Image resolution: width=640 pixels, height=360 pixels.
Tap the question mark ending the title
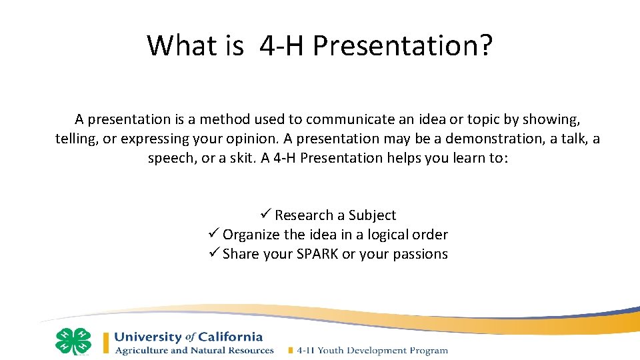tap(485, 45)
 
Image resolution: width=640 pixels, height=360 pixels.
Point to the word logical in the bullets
tap(383, 235)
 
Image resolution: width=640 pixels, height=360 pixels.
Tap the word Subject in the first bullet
tap(371, 215)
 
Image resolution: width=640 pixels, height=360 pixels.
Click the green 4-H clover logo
tap(73, 341)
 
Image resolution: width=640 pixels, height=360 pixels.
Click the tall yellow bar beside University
tap(106, 342)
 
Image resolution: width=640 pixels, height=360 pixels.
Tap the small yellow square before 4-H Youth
tap(290, 350)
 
